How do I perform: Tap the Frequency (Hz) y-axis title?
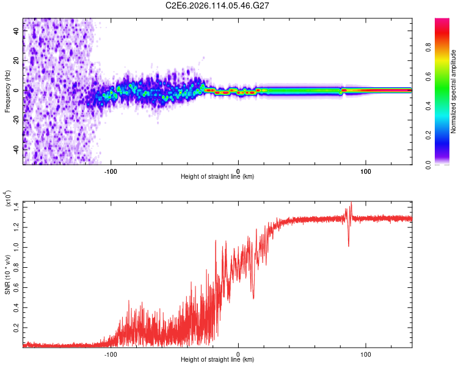coord(7,91)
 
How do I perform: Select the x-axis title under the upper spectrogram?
coord(217,177)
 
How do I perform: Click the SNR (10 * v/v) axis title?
coord(7,274)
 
